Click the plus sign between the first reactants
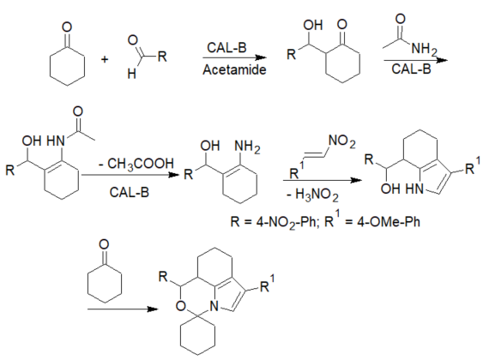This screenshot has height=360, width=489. coord(105,59)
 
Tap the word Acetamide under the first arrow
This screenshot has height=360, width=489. coord(234,69)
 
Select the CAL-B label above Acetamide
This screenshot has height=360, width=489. coord(226,48)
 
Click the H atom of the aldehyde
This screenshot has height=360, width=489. coord(131,74)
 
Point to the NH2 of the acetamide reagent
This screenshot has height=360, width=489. coord(424,49)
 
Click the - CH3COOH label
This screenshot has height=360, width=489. coord(136,164)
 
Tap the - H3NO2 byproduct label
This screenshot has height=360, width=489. coord(312,195)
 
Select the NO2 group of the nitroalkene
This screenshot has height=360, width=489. coord(342,141)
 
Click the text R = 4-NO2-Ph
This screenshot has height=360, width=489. coord(273,222)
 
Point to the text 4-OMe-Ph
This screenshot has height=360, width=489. coord(389,222)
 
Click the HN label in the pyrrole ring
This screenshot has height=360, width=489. coord(414,189)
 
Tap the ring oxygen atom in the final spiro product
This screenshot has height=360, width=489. coord(180,306)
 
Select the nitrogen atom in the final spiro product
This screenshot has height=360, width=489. coord(214,306)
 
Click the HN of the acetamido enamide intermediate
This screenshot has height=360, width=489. coord(56,141)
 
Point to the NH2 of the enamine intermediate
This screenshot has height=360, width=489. coord(247,147)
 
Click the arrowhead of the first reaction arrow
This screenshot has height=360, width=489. coord(261,57)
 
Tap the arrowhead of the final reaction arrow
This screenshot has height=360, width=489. coord(153,309)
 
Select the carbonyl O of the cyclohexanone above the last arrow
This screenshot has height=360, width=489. coord(104,244)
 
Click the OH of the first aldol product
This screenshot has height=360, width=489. coord(313,25)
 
